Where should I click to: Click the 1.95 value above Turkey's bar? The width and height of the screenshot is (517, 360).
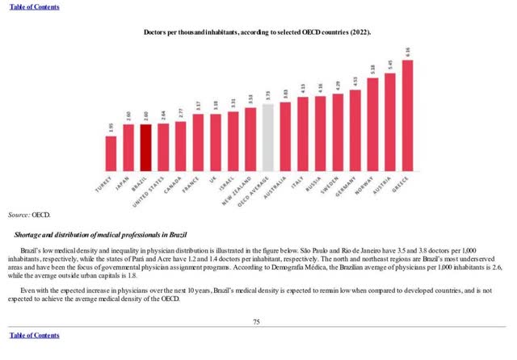[111, 128]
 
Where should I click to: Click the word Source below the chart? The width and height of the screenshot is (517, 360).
[18, 216]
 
